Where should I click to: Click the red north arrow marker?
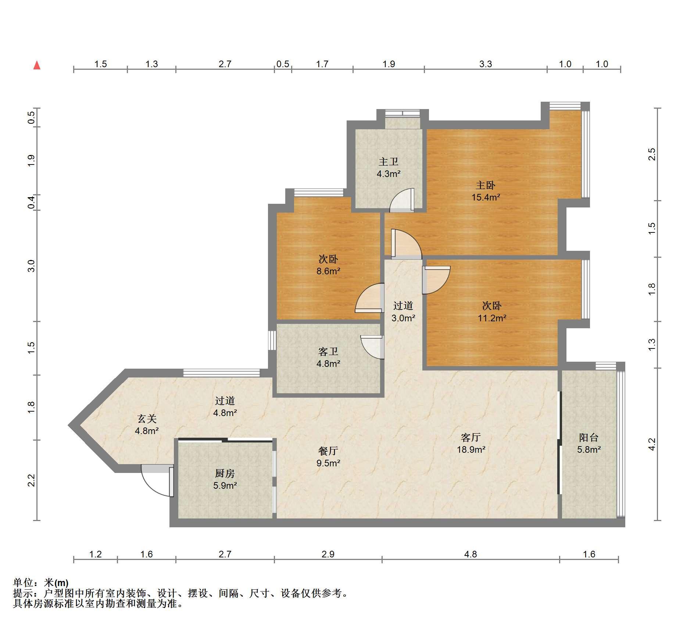coord(37,65)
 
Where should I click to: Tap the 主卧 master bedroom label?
coord(486,185)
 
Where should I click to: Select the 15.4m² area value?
coord(486,197)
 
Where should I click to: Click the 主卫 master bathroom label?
coord(389,162)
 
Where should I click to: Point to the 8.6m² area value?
coord(328,271)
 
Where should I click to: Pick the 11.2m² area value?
coord(492,318)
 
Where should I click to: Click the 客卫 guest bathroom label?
coord(328,352)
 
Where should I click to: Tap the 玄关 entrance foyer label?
coord(147,419)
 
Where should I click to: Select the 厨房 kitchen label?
coord(225,474)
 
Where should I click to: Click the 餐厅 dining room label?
coord(328,451)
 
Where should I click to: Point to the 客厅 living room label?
coord(471,437)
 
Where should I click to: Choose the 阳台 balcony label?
coord(589,437)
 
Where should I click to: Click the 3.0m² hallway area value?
coord(403,318)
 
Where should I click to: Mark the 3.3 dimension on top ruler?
coord(485,64)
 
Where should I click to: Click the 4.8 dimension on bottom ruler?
coord(471,554)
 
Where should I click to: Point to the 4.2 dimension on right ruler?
coord(651,444)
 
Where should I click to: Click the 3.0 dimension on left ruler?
coord(32,266)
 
